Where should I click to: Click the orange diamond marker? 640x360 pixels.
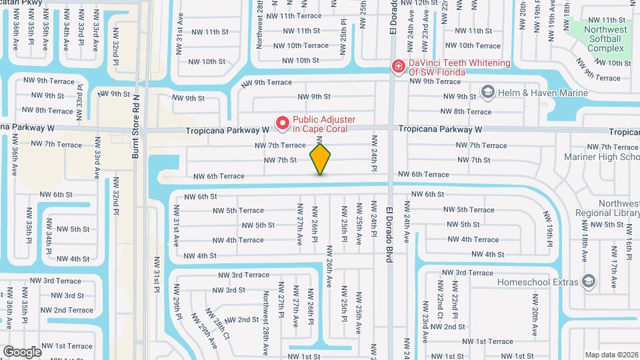click(320, 159)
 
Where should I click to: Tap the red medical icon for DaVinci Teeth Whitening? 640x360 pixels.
click(398, 66)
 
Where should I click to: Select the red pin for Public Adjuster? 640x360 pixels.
click(282, 123)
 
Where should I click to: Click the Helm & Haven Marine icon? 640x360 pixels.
click(487, 91)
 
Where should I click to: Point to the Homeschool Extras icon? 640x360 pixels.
click(587, 281)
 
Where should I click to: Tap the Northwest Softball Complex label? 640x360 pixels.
click(605, 39)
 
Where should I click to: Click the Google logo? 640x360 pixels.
click(21, 351)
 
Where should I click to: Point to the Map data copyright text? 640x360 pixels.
click(611, 355)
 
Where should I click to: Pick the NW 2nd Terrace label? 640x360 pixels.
click(70, 310)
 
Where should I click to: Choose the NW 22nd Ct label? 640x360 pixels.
click(439, 301)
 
